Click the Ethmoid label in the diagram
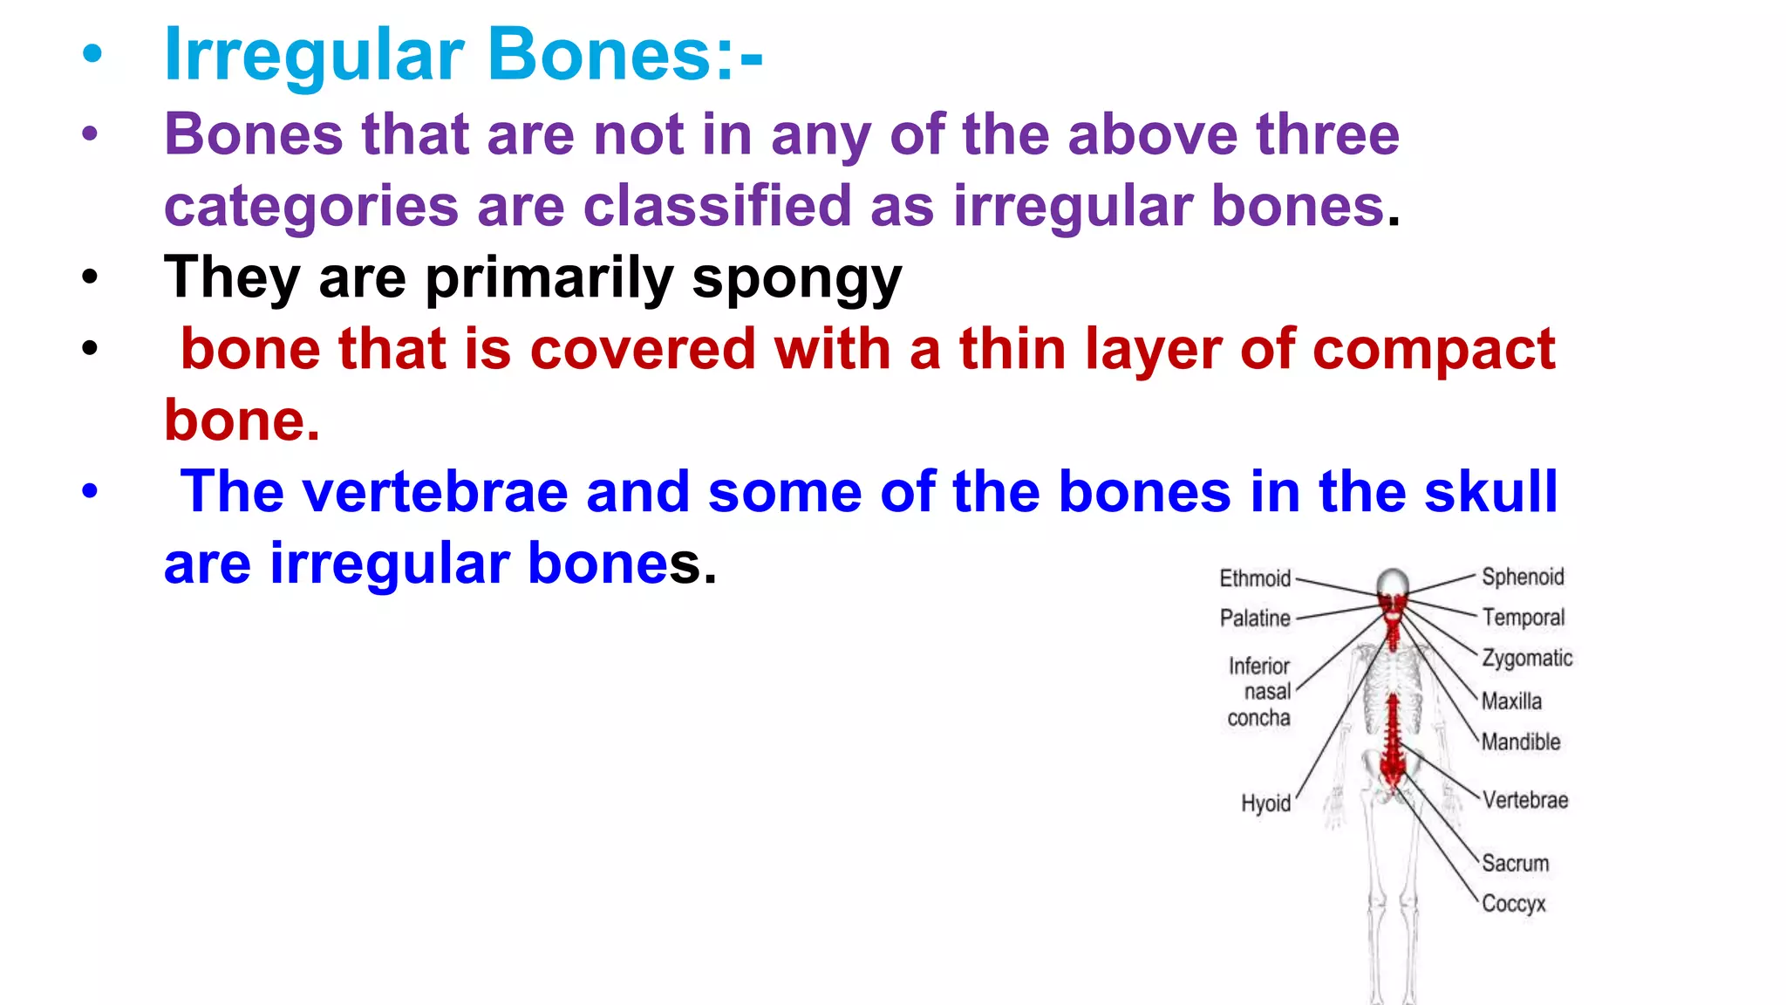1254,578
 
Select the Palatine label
1254,619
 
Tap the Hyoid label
1265,803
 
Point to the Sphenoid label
1523,578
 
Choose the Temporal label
1523,618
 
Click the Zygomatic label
1527,659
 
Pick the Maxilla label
1511,701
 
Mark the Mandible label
1520,742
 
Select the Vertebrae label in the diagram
1524,800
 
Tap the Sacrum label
1516,864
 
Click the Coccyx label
1513,904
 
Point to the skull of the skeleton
1393,585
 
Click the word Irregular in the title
314,56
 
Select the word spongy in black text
796,279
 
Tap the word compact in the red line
1433,349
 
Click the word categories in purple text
311,207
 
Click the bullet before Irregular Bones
92,56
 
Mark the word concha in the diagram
1258,718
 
